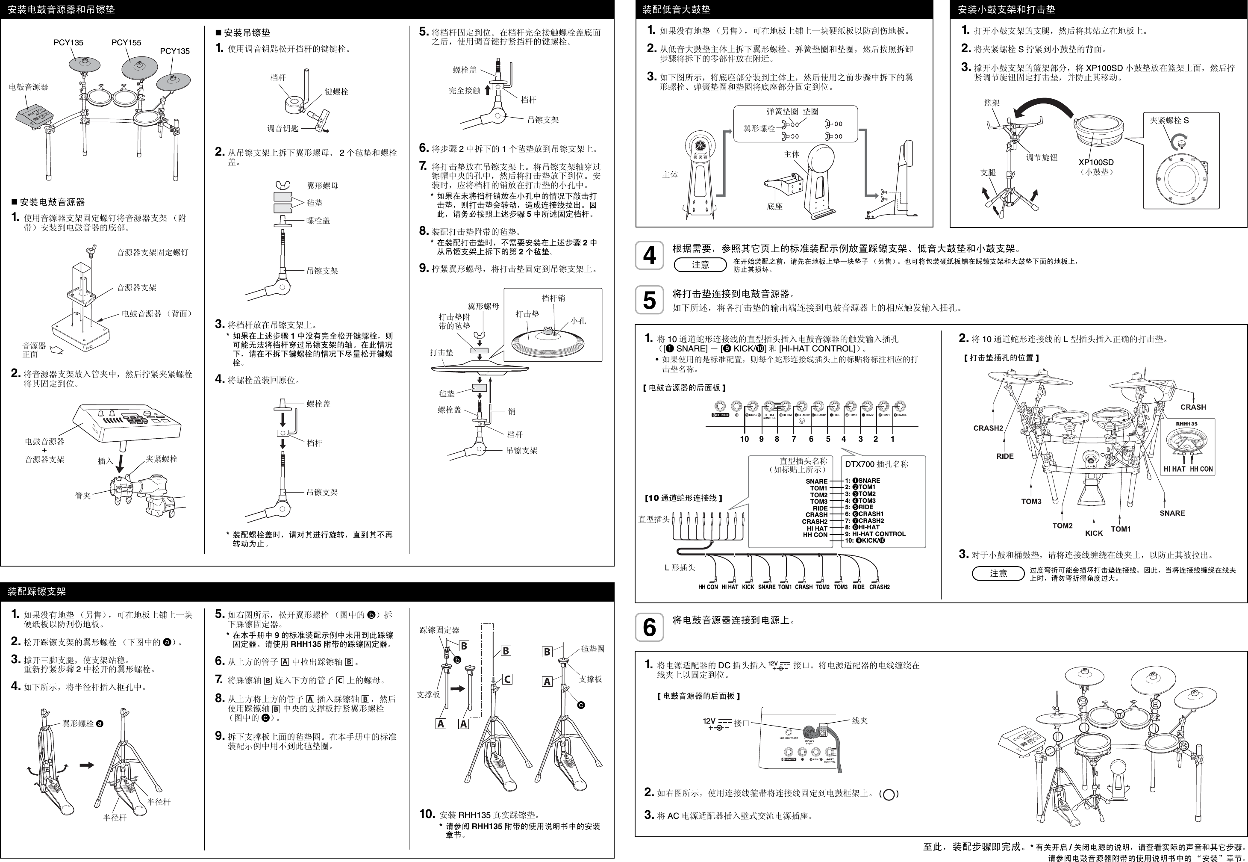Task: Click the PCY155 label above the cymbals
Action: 127,43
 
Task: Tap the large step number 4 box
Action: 649,255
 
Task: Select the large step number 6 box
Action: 649,628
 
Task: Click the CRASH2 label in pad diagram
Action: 988,428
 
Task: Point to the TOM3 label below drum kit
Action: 1031,501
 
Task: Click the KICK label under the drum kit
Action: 1094,533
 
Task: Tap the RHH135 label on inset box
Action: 1186,424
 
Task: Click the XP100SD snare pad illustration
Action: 1099,131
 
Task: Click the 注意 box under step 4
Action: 700,265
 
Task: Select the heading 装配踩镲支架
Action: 37,591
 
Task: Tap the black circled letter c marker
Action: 581,705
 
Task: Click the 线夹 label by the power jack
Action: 859,720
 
